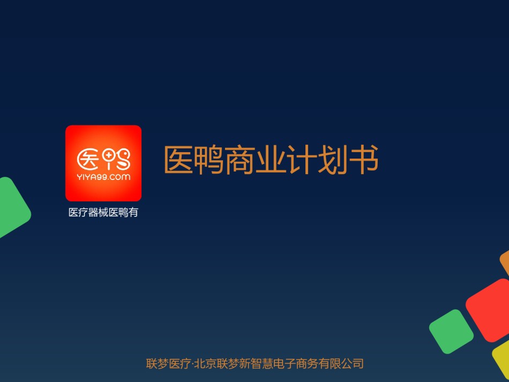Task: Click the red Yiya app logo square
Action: tap(103, 163)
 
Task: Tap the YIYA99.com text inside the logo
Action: tap(103, 177)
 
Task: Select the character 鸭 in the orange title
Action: tap(209, 159)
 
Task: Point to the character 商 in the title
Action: tap(240, 159)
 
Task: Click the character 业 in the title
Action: tap(271, 159)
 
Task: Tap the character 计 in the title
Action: tap(302, 159)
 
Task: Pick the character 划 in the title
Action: tap(332, 159)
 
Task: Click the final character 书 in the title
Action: tap(363, 159)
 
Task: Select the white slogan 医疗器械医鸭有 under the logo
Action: tap(103, 212)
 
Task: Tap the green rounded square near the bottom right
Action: tap(451, 331)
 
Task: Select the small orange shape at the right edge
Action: tap(505, 262)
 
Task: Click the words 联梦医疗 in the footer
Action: tap(168, 363)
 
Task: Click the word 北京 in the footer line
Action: tap(206, 363)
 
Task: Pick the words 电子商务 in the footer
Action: tap(296, 363)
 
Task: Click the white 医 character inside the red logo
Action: tap(88, 159)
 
